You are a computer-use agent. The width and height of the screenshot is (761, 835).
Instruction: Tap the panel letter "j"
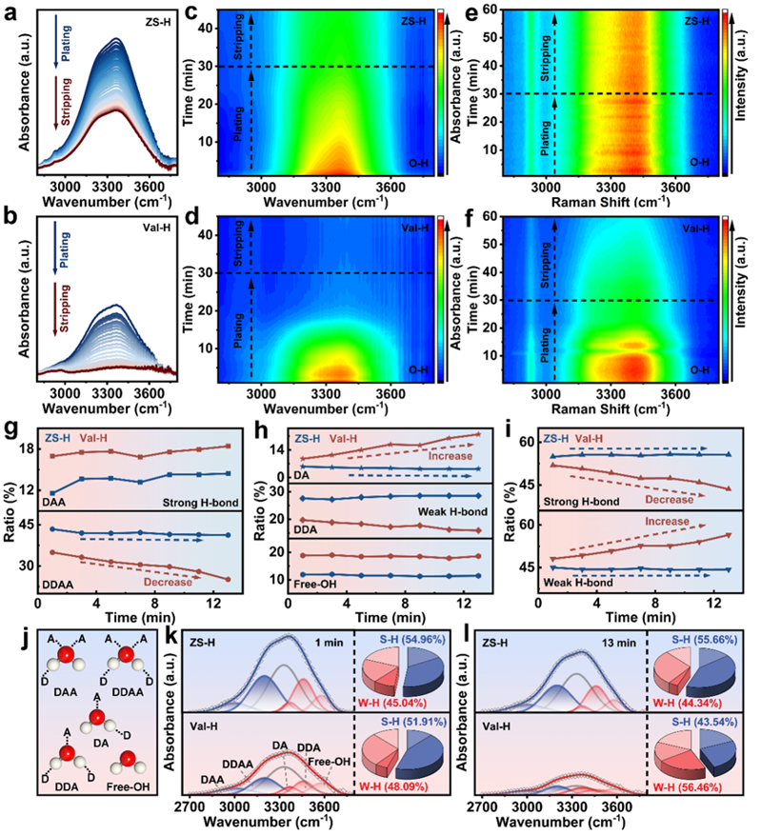click(x=10, y=627)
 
